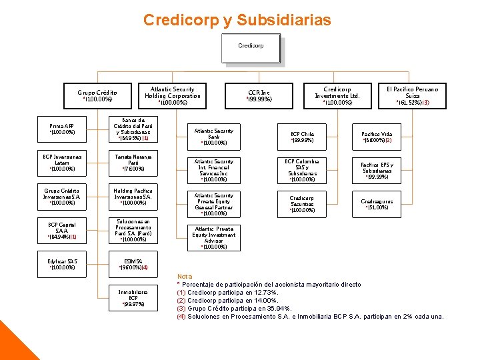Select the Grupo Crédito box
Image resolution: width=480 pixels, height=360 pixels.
(97, 96)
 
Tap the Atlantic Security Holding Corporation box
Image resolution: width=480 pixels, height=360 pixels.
(172, 96)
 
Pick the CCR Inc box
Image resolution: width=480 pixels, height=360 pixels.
(259, 96)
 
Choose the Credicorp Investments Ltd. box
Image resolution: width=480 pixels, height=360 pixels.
(337, 96)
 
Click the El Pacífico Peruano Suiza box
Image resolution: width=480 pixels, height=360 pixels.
(413, 96)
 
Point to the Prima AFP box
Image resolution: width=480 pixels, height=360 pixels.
(62, 129)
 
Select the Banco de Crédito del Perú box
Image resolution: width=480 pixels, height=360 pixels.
(133, 129)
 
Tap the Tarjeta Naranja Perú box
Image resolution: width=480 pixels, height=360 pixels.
(133, 163)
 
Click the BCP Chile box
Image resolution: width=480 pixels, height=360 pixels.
(302, 137)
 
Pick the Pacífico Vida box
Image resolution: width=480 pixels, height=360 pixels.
(377, 137)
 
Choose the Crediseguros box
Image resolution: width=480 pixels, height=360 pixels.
(377, 204)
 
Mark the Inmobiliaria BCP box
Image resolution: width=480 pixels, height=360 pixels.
(133, 297)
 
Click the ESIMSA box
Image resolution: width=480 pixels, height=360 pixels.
(133, 264)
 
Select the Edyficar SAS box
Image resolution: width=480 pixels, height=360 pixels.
(62, 264)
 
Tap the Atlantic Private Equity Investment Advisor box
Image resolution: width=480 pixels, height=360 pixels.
(214, 237)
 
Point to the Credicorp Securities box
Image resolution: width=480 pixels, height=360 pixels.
(302, 204)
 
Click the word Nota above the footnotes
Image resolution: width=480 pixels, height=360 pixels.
(185, 276)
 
